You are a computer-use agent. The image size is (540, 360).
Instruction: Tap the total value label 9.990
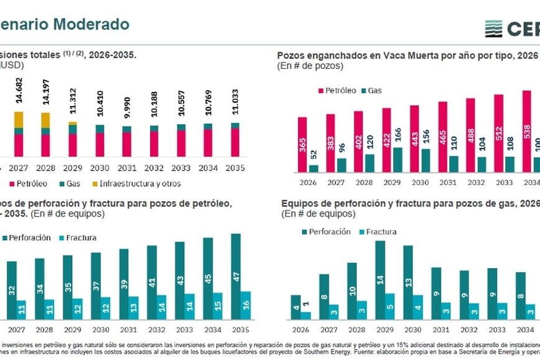point(127,112)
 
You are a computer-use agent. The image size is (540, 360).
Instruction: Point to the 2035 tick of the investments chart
point(235,168)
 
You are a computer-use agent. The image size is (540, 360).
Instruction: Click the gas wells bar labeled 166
point(398,159)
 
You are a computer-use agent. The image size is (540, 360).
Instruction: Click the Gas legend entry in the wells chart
point(372,91)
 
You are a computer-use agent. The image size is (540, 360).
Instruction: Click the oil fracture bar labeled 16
point(246,305)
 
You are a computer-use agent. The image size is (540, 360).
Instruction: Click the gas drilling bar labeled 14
point(380,280)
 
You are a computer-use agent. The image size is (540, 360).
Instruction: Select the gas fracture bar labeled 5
point(390,307)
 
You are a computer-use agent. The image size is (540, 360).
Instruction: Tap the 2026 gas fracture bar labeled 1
point(306,315)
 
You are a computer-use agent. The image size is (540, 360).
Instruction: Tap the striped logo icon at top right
point(493,29)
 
